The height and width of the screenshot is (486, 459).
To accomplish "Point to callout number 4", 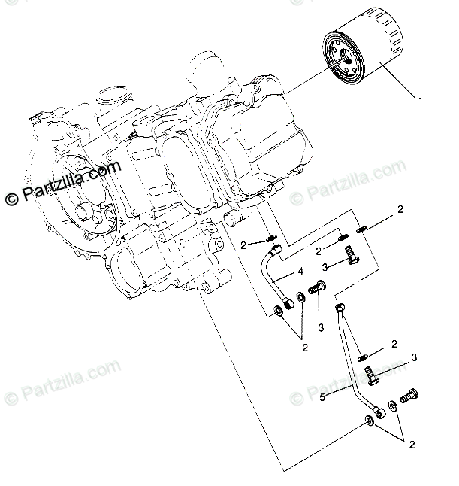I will [299, 271].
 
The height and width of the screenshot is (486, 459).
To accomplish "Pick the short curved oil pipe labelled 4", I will [270, 278].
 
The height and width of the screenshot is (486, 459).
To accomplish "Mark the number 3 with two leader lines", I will [412, 356].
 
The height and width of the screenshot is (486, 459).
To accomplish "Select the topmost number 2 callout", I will [400, 208].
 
